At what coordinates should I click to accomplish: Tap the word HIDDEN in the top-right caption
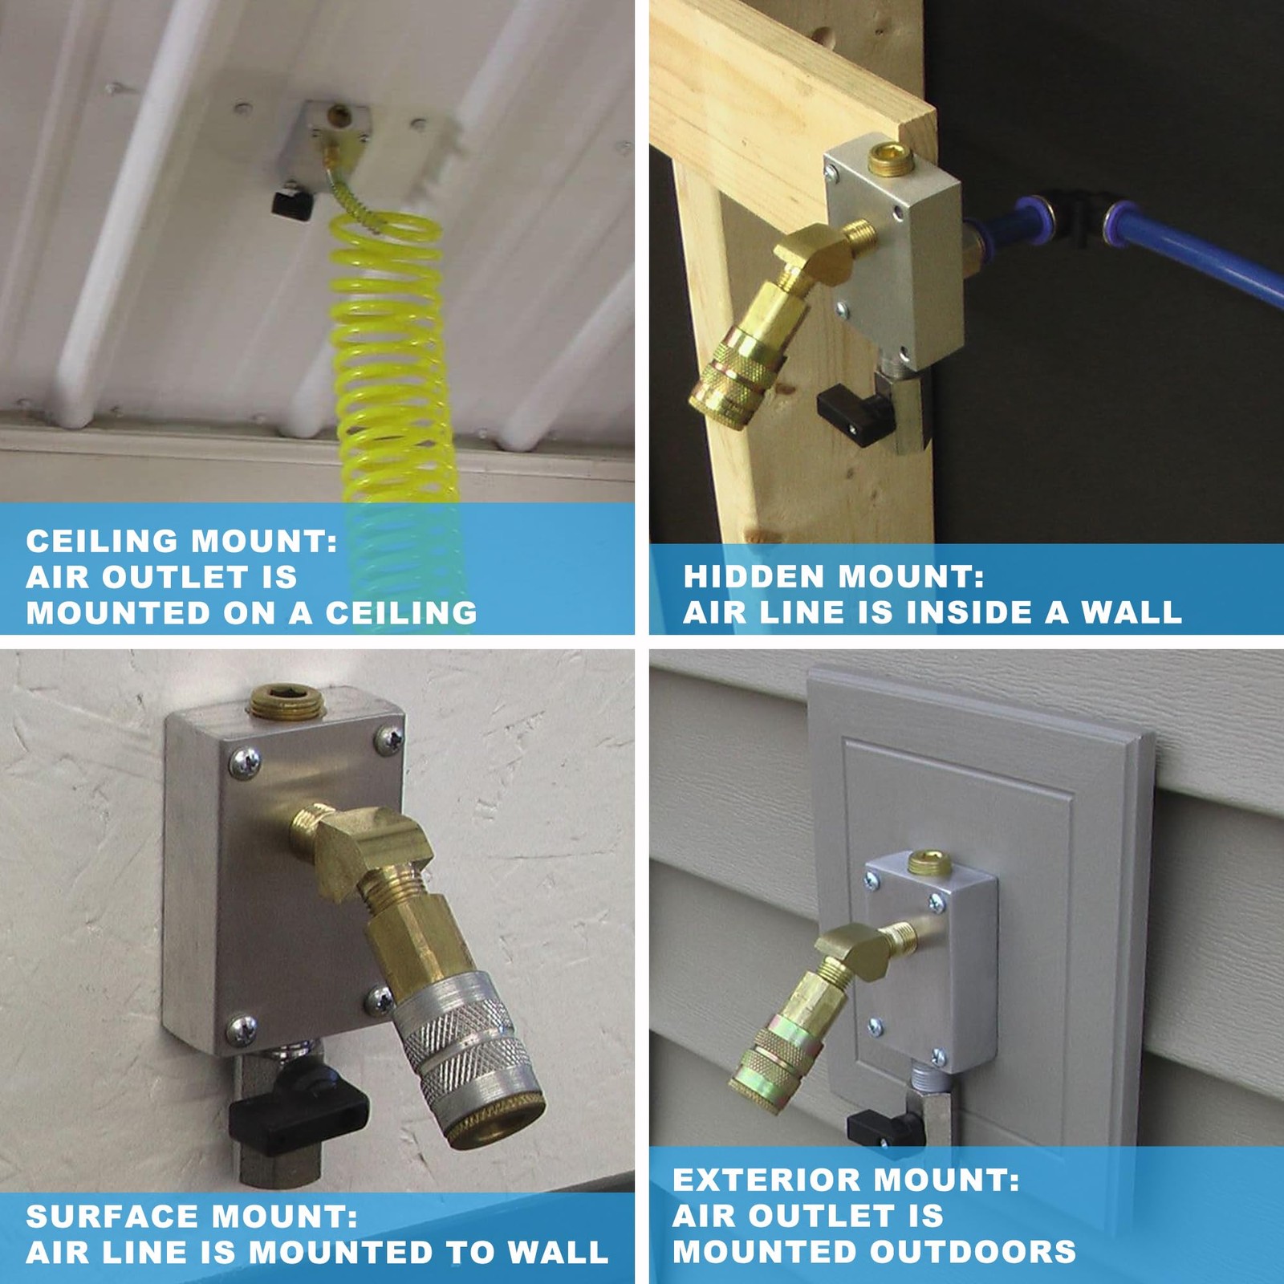[x=752, y=576]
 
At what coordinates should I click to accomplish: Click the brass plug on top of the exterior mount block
[x=929, y=863]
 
